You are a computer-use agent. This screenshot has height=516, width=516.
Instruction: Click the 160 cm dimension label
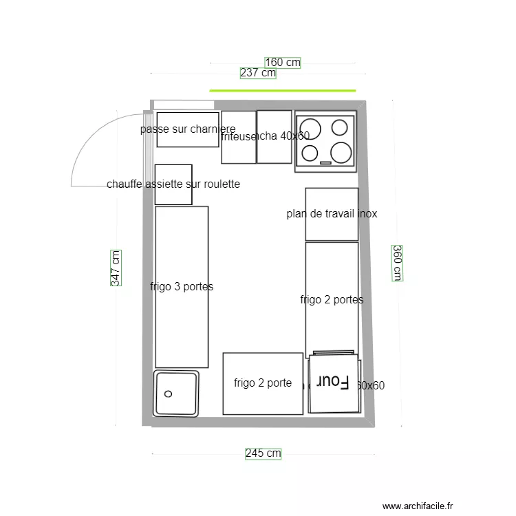pyautogui.click(x=283, y=63)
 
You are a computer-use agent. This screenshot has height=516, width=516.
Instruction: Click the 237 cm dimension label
pyautogui.click(x=258, y=73)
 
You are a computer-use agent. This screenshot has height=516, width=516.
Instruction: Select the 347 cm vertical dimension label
pyautogui.click(x=116, y=268)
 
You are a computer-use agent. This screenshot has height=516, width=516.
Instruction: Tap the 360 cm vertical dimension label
pyautogui.click(x=397, y=263)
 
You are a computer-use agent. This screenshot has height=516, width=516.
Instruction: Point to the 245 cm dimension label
pyautogui.click(x=263, y=453)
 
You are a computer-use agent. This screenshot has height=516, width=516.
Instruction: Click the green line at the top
pyautogui.click(x=282, y=90)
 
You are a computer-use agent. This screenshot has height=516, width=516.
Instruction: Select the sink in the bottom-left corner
pyautogui.click(x=177, y=393)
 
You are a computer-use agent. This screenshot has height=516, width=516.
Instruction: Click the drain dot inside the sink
pyautogui.click(x=168, y=394)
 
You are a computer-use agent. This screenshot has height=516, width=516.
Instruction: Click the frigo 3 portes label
pyautogui.click(x=182, y=287)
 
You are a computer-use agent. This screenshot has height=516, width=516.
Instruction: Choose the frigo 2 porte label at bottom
pyautogui.click(x=263, y=383)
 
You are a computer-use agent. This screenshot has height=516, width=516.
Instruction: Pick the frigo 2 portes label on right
pyautogui.click(x=332, y=300)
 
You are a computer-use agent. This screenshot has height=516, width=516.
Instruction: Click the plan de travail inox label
pyautogui.click(x=332, y=214)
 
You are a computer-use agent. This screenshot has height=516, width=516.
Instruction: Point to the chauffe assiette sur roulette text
pyautogui.click(x=173, y=184)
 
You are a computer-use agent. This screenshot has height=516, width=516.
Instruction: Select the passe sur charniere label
pyautogui.click(x=187, y=129)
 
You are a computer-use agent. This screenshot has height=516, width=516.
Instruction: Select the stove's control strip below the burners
pyautogui.click(x=325, y=164)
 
